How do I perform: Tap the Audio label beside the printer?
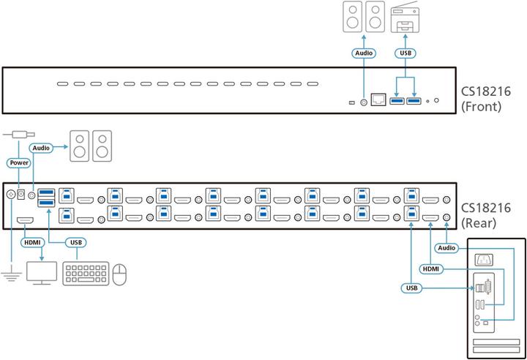[364, 53]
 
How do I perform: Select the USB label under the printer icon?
[406, 53]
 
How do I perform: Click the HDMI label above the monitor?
[31, 241]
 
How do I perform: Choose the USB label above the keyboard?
[75, 241]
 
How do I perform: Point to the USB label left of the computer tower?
[412, 288]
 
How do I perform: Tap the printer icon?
[406, 18]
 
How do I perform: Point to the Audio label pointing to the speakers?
[42, 147]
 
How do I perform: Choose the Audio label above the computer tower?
[446, 247]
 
